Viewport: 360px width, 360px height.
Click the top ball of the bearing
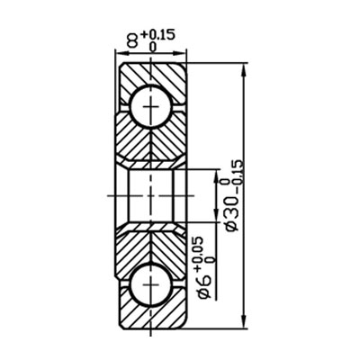[x=149, y=106]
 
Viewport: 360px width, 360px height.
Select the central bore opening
[x=149, y=194]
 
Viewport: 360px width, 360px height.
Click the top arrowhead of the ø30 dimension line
[x=244, y=68]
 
